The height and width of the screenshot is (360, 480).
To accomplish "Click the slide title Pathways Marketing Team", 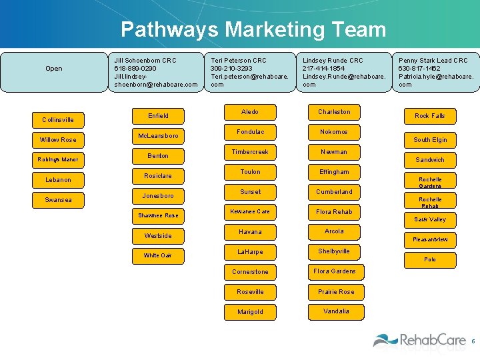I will [253, 29].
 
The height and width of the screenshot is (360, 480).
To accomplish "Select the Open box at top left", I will [54, 69].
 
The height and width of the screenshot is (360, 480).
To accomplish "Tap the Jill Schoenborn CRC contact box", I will [156, 72].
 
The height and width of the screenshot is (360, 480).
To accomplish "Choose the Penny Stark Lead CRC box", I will [436, 72].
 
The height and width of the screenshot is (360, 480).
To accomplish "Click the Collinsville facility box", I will [59, 120].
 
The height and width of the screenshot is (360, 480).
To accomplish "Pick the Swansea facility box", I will [59, 200].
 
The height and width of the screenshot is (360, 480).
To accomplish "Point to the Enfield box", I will [158, 116].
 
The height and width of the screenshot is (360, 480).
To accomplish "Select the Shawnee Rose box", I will [158, 215].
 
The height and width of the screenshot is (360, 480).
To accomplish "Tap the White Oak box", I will [158, 255].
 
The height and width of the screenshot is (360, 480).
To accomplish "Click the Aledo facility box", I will [250, 112].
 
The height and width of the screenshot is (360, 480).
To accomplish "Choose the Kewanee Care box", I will [250, 212].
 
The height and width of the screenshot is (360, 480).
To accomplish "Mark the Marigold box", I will [250, 312].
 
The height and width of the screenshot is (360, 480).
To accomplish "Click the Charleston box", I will [334, 112].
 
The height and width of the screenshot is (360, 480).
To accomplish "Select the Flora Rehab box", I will [334, 212].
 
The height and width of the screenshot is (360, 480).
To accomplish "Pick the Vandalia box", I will [336, 311].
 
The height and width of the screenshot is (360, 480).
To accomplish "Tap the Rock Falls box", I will [430, 116].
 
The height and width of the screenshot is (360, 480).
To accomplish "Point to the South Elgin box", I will [430, 140].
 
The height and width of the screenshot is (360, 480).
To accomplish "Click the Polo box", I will [430, 259].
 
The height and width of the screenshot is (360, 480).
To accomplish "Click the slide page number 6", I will [473, 341].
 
